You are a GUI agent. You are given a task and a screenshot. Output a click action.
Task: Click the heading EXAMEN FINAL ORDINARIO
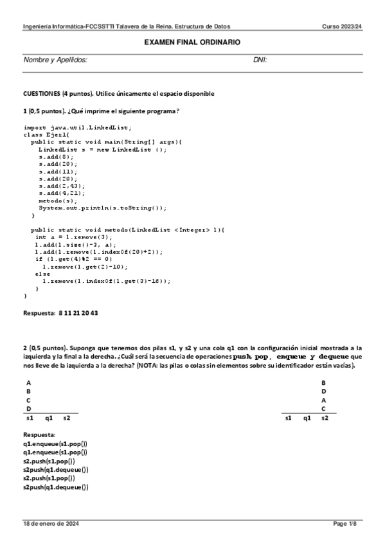click(192, 42)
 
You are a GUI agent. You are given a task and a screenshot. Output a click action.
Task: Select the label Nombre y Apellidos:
click(55, 60)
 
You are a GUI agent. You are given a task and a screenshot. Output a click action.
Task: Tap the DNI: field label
click(260, 60)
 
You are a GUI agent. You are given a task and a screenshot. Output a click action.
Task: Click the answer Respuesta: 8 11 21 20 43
click(60, 314)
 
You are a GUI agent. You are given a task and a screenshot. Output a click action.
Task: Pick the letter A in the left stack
click(28, 382)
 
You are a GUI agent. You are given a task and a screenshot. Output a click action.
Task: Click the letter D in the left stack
click(28, 409)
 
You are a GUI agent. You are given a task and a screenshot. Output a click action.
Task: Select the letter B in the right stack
click(323, 382)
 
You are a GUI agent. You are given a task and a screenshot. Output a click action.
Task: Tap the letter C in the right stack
click(323, 409)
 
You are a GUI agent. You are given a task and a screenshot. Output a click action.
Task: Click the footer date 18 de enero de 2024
click(51, 523)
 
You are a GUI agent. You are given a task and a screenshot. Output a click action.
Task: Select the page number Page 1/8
click(345, 523)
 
